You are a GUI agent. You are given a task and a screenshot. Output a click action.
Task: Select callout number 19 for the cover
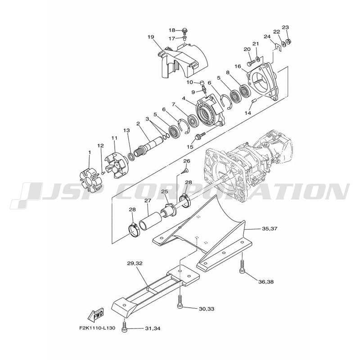pyautogui.click(x=151, y=37)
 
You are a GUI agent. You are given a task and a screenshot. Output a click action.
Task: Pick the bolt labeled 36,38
pyautogui.click(x=243, y=266)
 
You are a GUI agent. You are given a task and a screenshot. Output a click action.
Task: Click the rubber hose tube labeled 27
pyautogui.click(x=148, y=220)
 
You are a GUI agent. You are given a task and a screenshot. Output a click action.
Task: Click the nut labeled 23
pyautogui.click(x=289, y=41)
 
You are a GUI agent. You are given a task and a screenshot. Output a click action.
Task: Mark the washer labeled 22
pyautogui.click(x=283, y=43)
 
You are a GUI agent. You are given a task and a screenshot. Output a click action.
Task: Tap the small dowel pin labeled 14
pyautogui.click(x=255, y=100)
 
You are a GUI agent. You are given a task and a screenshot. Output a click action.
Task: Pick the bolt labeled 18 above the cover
pyautogui.click(x=184, y=30)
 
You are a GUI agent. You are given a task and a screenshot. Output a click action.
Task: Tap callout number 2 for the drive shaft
pyautogui.click(x=138, y=123)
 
